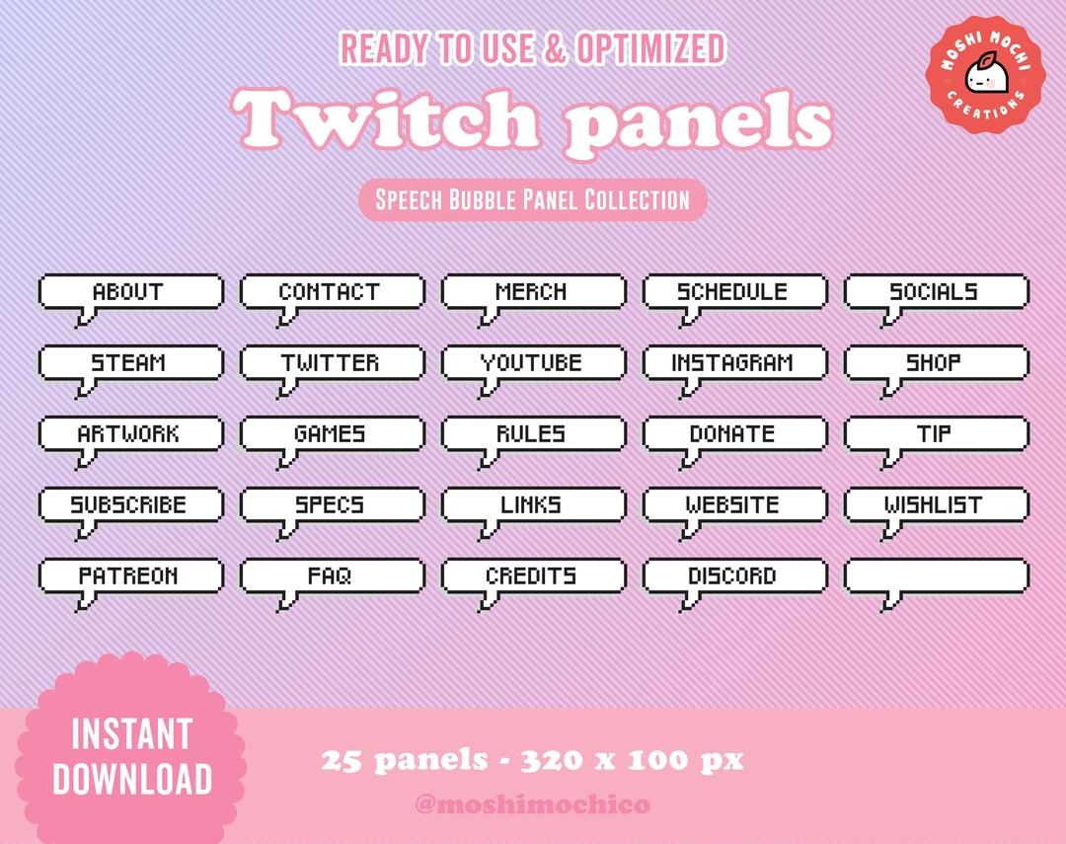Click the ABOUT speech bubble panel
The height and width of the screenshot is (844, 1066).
coord(130,292)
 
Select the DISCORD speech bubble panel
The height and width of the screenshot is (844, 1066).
coord(733,575)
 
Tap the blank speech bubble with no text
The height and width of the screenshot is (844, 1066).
coord(936,575)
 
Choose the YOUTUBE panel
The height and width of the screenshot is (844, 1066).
coord(533,363)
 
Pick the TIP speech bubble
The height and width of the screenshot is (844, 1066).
coord(936,433)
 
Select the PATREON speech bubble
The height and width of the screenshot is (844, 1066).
coord(130,575)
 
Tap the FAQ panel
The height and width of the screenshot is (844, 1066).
coord(332,575)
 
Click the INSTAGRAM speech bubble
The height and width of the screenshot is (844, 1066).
coord(733,363)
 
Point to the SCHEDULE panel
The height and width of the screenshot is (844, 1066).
coord(733,292)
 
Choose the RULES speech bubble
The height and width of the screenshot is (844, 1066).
coord(533,433)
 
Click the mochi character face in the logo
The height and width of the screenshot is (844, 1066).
coord(983,73)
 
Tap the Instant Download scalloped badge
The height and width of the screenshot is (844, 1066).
coord(131,756)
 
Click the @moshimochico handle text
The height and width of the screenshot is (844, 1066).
coord(533,805)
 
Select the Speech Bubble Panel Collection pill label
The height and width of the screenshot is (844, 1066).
coord(533,200)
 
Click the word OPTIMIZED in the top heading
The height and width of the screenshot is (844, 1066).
coord(651,48)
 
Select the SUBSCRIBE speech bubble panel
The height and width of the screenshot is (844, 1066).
coord(130,504)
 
